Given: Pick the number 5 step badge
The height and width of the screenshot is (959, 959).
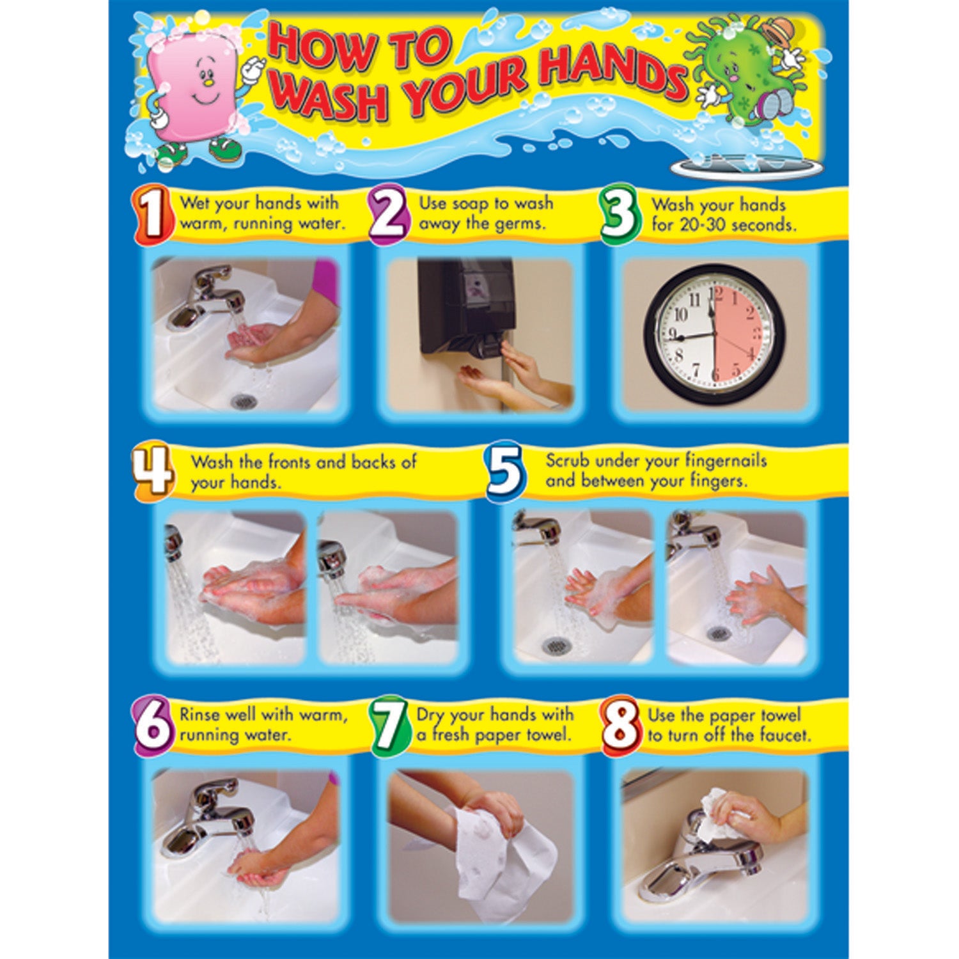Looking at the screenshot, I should [505, 472].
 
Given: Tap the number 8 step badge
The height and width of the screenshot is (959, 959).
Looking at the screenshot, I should [620, 726].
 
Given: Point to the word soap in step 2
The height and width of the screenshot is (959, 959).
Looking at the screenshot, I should [472, 204].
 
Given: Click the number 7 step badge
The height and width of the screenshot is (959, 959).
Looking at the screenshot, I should [388, 726].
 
